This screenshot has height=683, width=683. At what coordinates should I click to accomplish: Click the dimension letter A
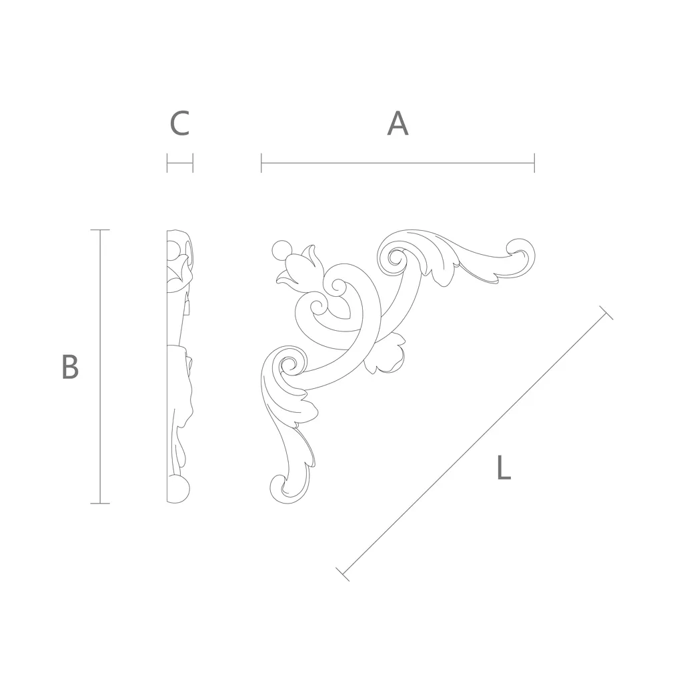coord(398,123)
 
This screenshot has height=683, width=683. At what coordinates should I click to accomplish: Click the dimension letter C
coord(179,123)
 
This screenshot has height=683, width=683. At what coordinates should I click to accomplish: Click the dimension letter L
coord(504,467)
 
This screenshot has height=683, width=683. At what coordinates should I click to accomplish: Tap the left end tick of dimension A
coord(261,163)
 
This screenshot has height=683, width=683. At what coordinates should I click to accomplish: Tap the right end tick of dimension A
coord(534,163)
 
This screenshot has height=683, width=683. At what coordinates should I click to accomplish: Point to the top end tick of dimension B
coord(100,229)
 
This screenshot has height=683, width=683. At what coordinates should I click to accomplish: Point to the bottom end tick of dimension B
coord(100,504)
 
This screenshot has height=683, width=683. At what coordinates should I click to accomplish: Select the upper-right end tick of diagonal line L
coord(606,313)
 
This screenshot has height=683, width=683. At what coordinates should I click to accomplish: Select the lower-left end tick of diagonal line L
coord(343,574)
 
